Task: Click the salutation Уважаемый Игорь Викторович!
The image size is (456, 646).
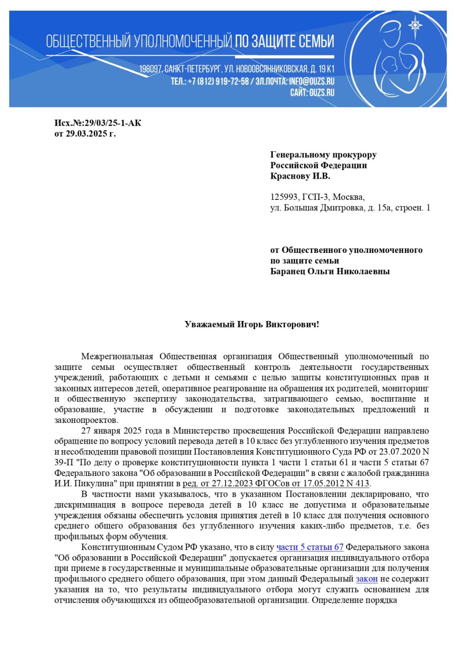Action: pos(252,324)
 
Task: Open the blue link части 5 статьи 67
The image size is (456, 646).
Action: pos(310,547)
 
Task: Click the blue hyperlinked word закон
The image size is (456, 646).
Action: pos(367,579)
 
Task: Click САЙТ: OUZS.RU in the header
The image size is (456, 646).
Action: pos(312,92)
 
